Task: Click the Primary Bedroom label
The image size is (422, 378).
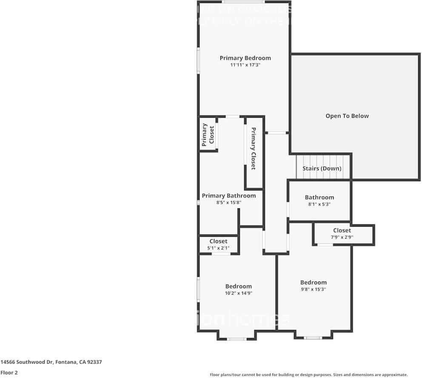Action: tap(245, 58)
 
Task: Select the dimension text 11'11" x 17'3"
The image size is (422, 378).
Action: tap(245, 65)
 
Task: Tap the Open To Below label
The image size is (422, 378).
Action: tap(347, 116)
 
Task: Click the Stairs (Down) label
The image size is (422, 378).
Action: tap(322, 168)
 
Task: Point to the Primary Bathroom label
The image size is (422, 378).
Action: tap(229, 196)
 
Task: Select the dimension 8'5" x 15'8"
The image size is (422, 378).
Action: tap(229, 203)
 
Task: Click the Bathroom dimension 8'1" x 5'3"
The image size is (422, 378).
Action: tap(319, 204)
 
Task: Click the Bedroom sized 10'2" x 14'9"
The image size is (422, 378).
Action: tap(238, 286)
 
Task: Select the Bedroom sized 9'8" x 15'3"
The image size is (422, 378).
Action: tap(314, 282)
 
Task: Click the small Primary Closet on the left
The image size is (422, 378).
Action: tap(208, 134)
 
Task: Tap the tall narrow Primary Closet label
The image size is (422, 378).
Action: tap(254, 148)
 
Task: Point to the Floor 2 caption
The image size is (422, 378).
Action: tap(9, 373)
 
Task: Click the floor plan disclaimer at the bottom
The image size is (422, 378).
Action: tap(308, 375)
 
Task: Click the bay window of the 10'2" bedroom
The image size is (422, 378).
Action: tap(237, 339)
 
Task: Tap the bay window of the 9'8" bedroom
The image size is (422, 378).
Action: tap(313, 338)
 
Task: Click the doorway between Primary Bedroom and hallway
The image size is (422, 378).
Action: tap(277, 133)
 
